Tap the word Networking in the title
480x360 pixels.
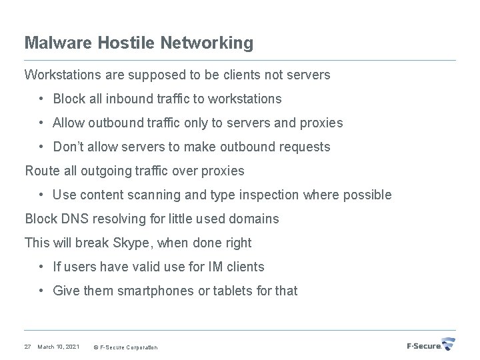pyautogui.click(x=206, y=43)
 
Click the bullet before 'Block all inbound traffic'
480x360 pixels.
pyautogui.click(x=41, y=99)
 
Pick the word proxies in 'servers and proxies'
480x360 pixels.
pyautogui.click(x=322, y=123)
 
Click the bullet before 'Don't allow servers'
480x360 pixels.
pyautogui.click(x=41, y=147)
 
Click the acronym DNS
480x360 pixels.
pyautogui.click(x=73, y=219)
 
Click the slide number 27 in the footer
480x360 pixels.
pyautogui.click(x=27, y=347)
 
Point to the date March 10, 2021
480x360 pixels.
pyautogui.click(x=59, y=347)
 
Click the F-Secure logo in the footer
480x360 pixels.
pyautogui.click(x=431, y=345)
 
